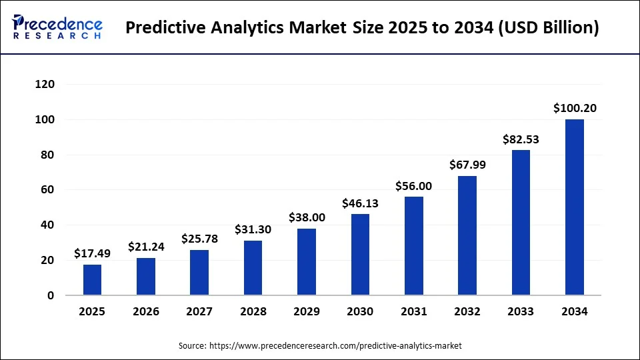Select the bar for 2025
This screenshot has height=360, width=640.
[x=93, y=280]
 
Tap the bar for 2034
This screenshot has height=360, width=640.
[x=575, y=207]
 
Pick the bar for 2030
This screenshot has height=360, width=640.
[x=360, y=255]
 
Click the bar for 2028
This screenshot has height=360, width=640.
[x=253, y=268]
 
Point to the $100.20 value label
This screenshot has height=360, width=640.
[x=575, y=108]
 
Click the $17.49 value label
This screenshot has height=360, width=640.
[x=93, y=253]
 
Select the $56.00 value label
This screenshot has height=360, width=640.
[x=413, y=186]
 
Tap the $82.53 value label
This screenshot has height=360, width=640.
[x=521, y=139]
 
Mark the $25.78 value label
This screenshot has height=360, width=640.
[x=199, y=239]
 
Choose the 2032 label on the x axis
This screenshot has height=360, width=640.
[x=467, y=311]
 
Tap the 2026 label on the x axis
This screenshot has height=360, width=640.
[x=146, y=311]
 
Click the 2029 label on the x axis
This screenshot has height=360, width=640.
[x=307, y=311]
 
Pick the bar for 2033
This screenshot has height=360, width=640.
[x=521, y=223]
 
